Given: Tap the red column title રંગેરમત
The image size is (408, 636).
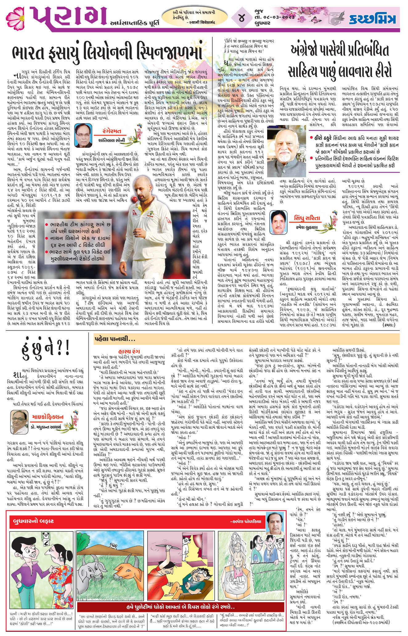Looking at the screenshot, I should pos(111,131).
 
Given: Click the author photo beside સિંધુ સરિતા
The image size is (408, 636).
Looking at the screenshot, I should pos(279,222).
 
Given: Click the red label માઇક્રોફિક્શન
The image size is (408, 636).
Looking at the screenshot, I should pos(48,417).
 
